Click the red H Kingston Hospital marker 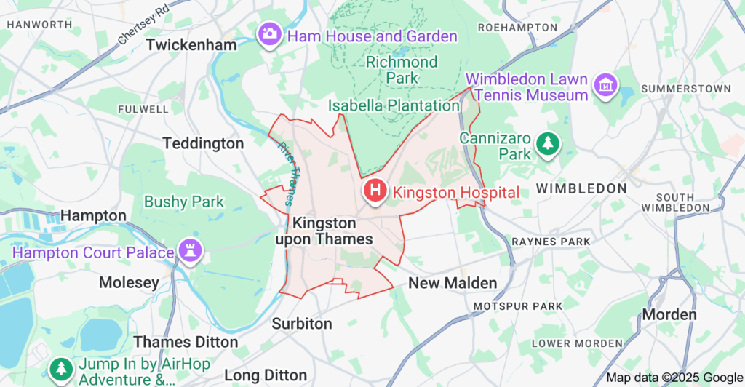(x=375, y=191)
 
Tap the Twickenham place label (x=191, y=45)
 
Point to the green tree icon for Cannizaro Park (x=546, y=144)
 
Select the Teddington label (x=203, y=143)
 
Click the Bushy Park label (x=184, y=202)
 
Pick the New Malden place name (x=453, y=283)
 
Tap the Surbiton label (x=302, y=324)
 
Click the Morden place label (x=669, y=314)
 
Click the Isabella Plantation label (x=394, y=106)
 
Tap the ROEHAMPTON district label (x=517, y=28)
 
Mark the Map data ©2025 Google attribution (x=673, y=378)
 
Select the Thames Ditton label (x=186, y=342)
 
